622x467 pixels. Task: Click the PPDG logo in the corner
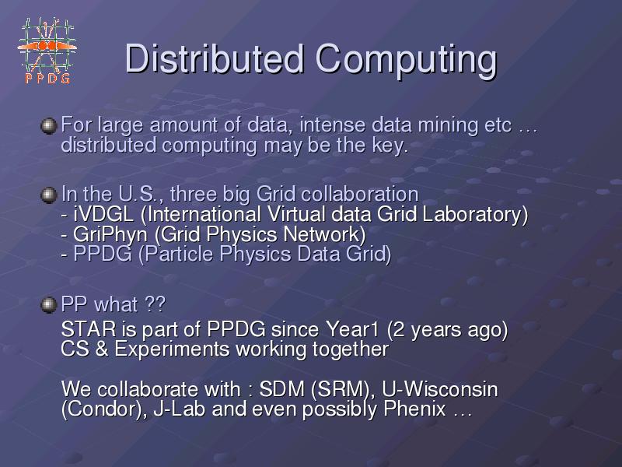(x=47, y=51)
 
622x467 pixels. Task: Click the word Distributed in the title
(x=215, y=59)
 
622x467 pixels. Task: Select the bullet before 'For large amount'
(x=49, y=126)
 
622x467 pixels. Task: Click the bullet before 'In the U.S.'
(x=49, y=195)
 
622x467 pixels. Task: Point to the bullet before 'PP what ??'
(x=49, y=305)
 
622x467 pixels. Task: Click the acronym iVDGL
(x=103, y=215)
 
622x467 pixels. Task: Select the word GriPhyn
(x=110, y=235)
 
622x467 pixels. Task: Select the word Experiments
(x=172, y=349)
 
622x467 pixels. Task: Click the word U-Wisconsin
(x=440, y=388)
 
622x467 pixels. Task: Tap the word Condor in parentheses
(x=104, y=409)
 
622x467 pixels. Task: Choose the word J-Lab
(x=180, y=409)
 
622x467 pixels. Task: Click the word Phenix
(x=414, y=409)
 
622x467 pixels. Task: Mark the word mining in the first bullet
(x=448, y=125)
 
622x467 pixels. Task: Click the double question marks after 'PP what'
(x=155, y=304)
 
